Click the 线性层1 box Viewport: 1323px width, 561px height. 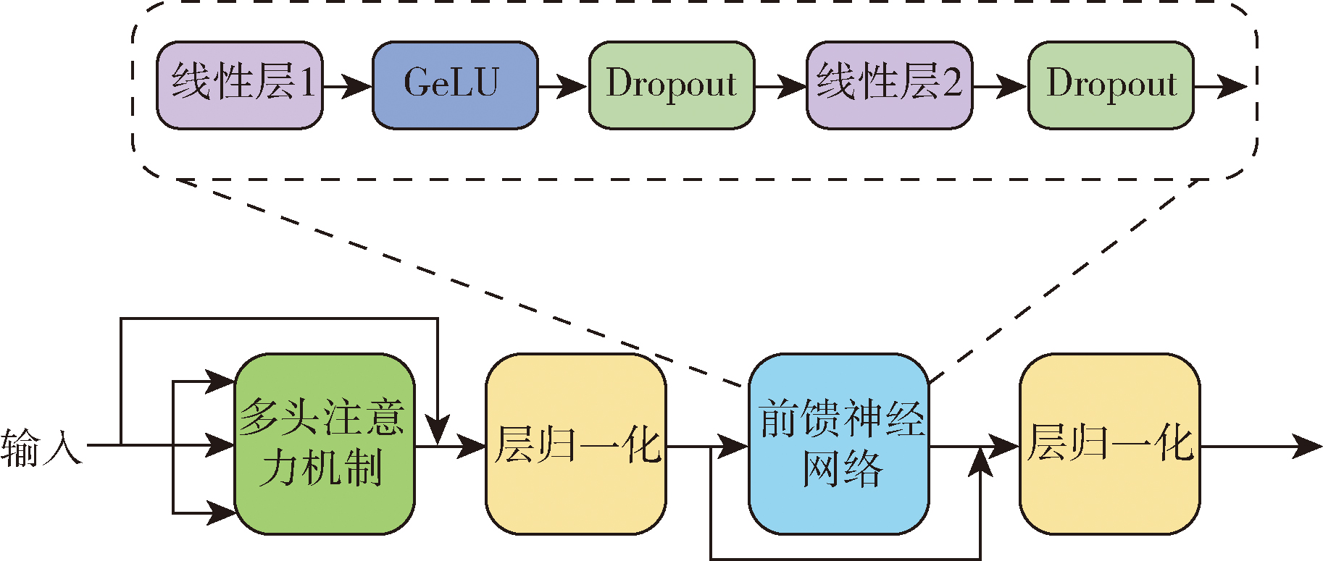coord(240,85)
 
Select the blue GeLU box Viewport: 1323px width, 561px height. coord(455,85)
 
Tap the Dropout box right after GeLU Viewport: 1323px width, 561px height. coord(672,85)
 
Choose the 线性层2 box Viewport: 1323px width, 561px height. coord(889,85)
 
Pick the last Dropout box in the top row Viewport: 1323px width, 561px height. coord(1111,85)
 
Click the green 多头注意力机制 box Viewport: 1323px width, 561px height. coord(325,444)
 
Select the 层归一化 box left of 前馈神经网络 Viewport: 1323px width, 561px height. coord(575,444)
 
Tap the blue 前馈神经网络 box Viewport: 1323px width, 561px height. coord(839,444)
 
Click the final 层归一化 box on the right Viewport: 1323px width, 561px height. coord(1109,444)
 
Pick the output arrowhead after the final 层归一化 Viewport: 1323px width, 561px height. coord(1307,447)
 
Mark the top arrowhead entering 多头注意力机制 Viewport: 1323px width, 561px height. coord(220,381)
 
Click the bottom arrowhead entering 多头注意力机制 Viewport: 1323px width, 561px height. coord(220,513)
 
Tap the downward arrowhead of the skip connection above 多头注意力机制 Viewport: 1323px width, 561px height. coord(438,430)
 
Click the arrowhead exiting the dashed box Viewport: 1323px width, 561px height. coord(1232,87)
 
